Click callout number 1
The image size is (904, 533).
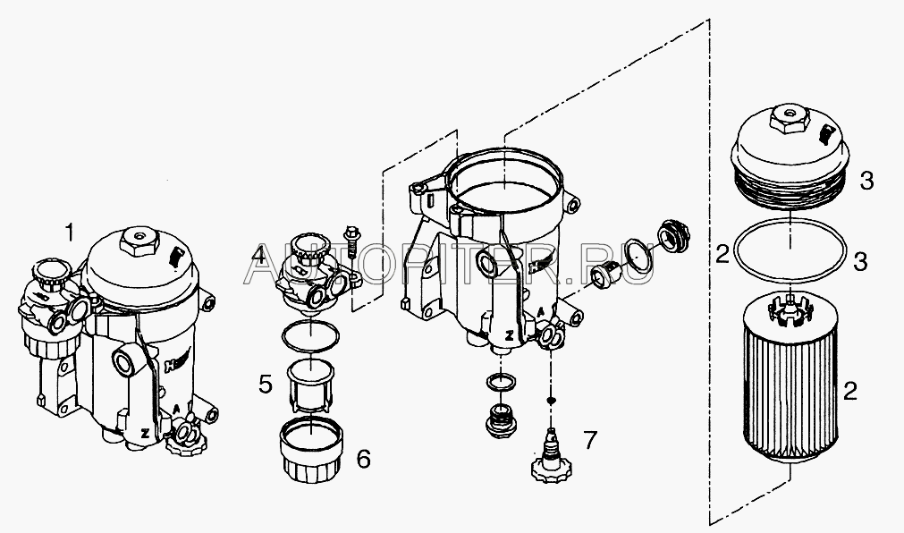point(70,233)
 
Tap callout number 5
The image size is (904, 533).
point(266,385)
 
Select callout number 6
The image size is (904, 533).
point(363,459)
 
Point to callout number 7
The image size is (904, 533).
point(590,440)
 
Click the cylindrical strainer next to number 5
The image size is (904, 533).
point(310,386)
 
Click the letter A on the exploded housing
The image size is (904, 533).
point(540,311)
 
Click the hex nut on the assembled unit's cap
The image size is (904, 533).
point(139,239)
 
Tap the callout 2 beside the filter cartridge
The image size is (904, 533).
point(850,392)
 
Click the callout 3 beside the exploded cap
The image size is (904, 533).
point(866,182)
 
